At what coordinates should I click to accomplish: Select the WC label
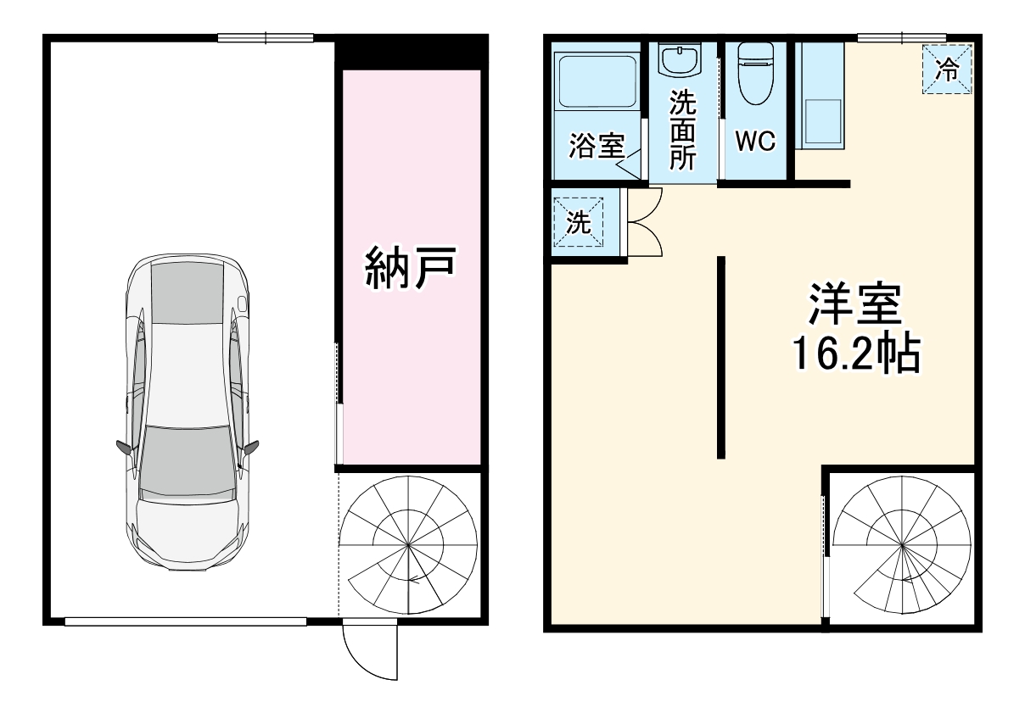tap(755, 142)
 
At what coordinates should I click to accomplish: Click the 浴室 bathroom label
tap(596, 147)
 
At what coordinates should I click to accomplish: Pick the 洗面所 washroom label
tap(682, 131)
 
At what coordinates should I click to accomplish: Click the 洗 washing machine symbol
tap(578, 223)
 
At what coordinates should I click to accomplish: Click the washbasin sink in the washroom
tap(681, 60)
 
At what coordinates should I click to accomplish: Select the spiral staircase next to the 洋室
tap(903, 548)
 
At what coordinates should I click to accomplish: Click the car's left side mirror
tap(123, 447)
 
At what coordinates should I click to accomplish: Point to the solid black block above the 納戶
tap(411, 51)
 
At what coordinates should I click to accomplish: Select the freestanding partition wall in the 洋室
tap(721, 357)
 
